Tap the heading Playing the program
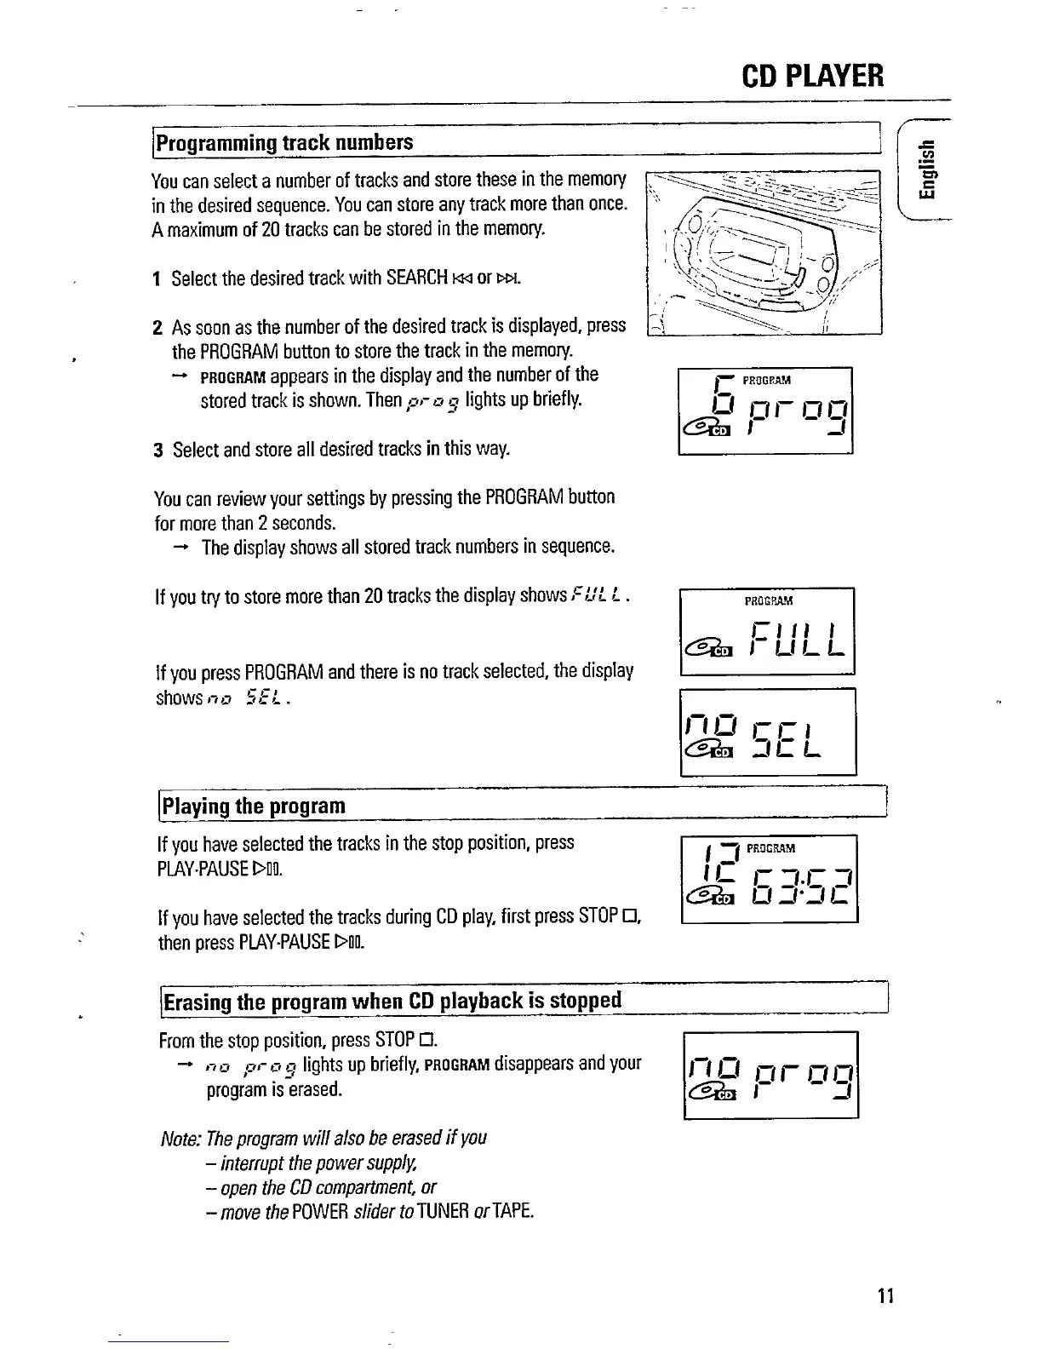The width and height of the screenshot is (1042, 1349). tap(254, 806)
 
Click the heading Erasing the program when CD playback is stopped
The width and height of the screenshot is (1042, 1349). tap(392, 1000)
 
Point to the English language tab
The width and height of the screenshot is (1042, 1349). tap(930, 171)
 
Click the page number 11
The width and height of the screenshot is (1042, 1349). tap(884, 1296)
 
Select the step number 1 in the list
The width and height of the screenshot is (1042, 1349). tap(157, 279)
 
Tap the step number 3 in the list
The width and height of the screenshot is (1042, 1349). tap(158, 450)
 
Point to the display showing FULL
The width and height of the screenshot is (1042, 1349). tap(766, 631)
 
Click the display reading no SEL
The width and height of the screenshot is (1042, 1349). tap(767, 732)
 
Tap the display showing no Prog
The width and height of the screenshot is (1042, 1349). tap(770, 1075)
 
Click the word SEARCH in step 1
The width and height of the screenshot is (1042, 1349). tap(416, 278)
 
